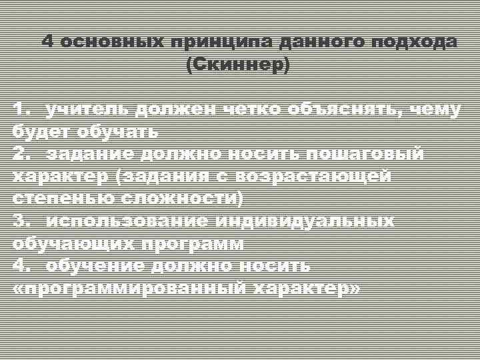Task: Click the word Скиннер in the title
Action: pos(238,65)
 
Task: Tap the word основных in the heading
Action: pos(111,41)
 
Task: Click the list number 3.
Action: pos(21,221)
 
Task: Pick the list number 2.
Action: pos(21,154)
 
